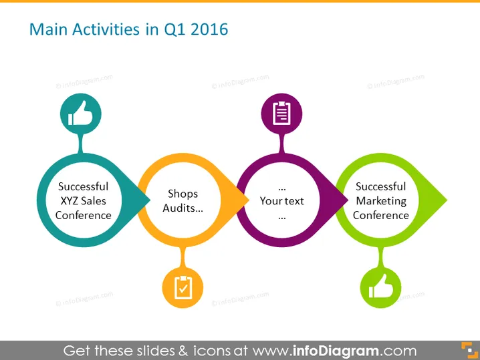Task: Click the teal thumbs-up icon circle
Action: point(81,114)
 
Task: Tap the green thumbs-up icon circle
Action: point(380,287)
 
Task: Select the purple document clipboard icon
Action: point(281,114)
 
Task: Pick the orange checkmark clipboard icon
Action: point(183,287)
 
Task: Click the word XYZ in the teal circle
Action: point(70,201)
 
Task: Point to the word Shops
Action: point(183,194)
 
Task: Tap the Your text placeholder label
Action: point(281,201)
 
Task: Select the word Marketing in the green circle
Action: point(381,201)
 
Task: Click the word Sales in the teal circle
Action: point(94,201)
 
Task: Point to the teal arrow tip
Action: point(150,200)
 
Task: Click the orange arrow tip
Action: point(249,200)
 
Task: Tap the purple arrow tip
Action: point(348,200)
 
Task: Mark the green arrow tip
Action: point(447,200)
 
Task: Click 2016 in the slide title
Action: point(209,29)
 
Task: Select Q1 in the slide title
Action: point(174,30)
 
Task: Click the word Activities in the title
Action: point(106,29)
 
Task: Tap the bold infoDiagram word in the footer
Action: point(336,351)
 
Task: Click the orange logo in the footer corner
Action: point(469,350)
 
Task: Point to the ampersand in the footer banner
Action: point(183,351)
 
